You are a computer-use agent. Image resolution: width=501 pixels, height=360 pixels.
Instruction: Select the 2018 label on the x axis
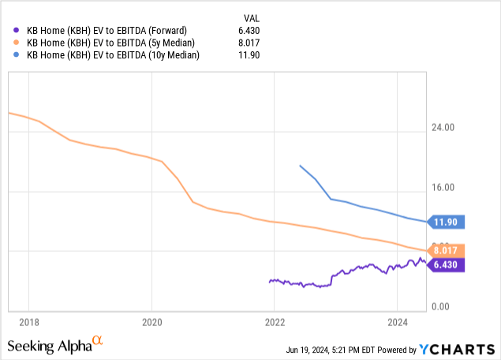(x=28, y=322)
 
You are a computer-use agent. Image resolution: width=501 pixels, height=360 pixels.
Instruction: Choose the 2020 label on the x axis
(x=151, y=322)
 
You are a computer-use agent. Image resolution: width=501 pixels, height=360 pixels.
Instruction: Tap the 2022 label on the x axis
(x=275, y=322)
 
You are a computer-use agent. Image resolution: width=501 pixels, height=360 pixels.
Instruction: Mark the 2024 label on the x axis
(x=398, y=322)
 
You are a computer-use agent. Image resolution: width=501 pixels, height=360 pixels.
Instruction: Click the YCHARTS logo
(x=458, y=349)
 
